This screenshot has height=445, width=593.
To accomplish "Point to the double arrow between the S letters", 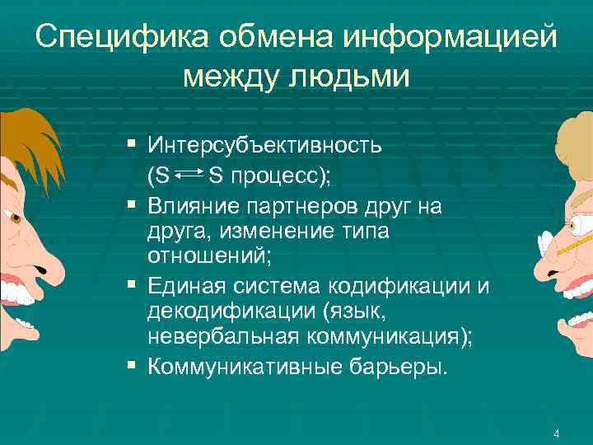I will pos(190,175).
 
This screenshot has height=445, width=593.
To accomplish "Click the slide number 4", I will pos(557,434).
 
